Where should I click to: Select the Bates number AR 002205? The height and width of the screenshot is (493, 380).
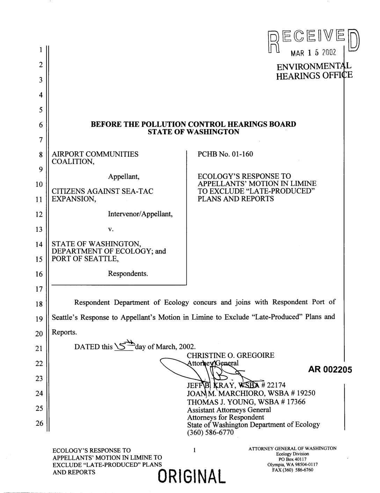pyautogui.click(x=330, y=370)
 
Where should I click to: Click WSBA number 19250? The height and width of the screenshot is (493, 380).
pyautogui.click(x=304, y=393)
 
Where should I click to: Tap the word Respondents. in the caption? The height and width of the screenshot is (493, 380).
pyautogui.click(x=128, y=273)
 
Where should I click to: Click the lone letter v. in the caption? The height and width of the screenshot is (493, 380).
pyautogui.click(x=110, y=229)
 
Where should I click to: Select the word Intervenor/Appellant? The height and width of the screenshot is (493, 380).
pyautogui.click(x=140, y=214)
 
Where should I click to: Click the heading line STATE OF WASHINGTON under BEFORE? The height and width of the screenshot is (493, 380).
pyautogui.click(x=193, y=132)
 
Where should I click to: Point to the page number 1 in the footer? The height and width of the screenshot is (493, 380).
pyautogui.click(x=194, y=450)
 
